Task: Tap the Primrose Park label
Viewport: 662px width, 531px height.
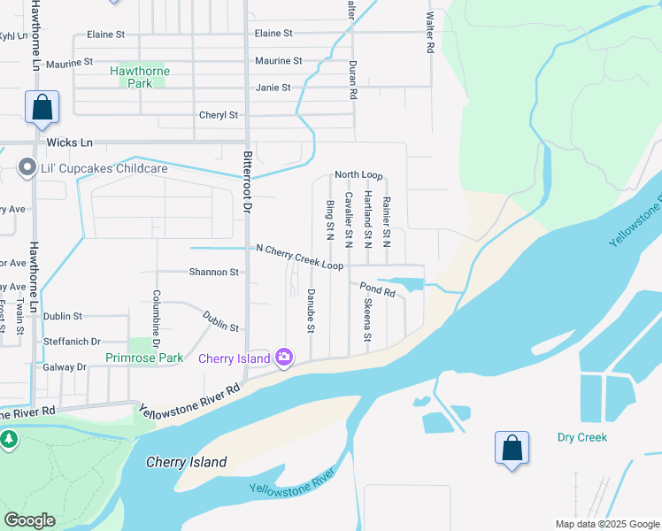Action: point(144,358)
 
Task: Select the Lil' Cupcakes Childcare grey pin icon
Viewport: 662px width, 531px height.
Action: point(27,167)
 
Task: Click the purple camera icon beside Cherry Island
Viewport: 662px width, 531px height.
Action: point(284,358)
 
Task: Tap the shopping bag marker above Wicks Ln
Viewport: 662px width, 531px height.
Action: point(42,108)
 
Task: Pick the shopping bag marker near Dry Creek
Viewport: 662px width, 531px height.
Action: point(512,449)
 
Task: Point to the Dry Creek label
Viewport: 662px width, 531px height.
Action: point(582,437)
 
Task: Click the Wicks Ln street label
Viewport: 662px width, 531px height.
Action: point(70,142)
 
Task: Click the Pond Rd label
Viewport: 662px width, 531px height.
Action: point(377,289)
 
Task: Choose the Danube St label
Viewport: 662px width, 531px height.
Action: point(311,311)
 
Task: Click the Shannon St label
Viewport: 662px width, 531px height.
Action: point(213,273)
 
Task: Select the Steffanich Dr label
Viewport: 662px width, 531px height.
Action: point(73,341)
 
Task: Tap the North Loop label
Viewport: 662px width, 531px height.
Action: point(358,176)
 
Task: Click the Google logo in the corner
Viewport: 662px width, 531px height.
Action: point(29,520)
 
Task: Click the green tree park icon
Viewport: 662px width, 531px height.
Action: point(9,439)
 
